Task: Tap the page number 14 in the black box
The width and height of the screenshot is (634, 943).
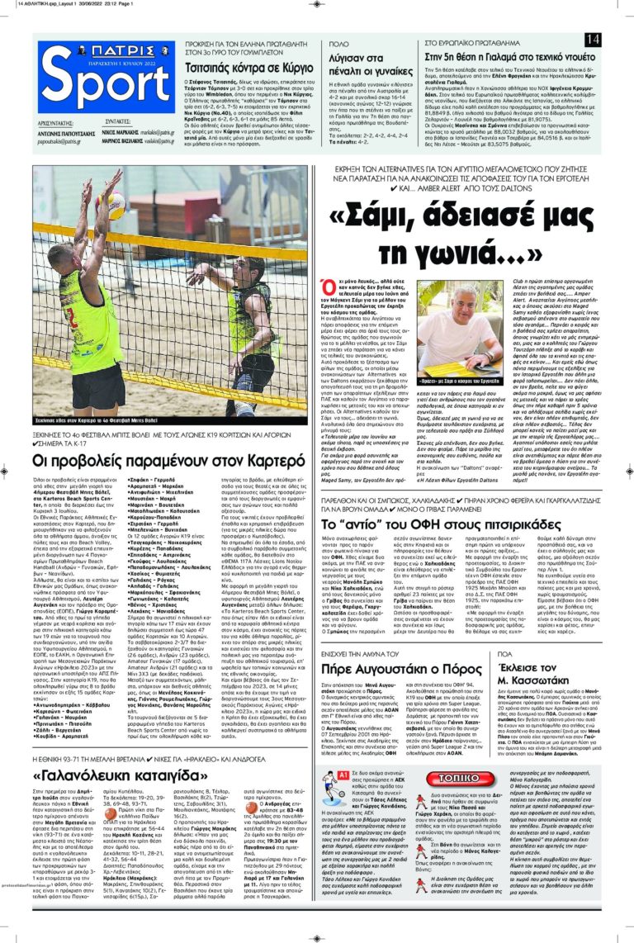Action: [592, 40]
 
